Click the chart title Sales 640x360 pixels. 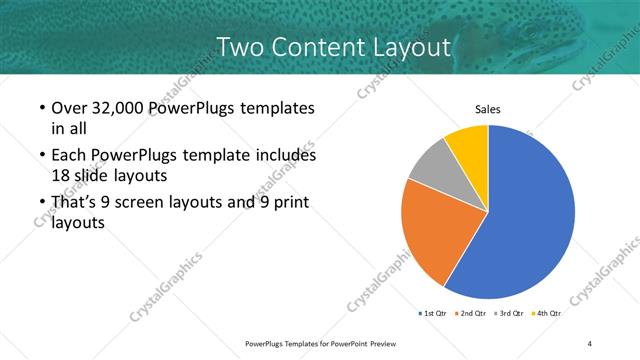(x=487, y=109)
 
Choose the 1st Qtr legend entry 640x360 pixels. (x=435, y=313)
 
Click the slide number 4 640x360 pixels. (x=590, y=344)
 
